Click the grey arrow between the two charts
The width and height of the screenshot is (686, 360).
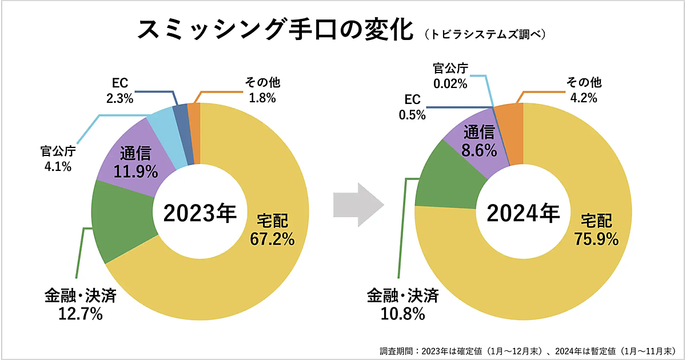(357, 205)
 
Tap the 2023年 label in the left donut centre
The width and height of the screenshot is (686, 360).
(200, 213)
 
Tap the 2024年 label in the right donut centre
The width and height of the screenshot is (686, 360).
(523, 213)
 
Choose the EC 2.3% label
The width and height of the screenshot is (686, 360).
(119, 91)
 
